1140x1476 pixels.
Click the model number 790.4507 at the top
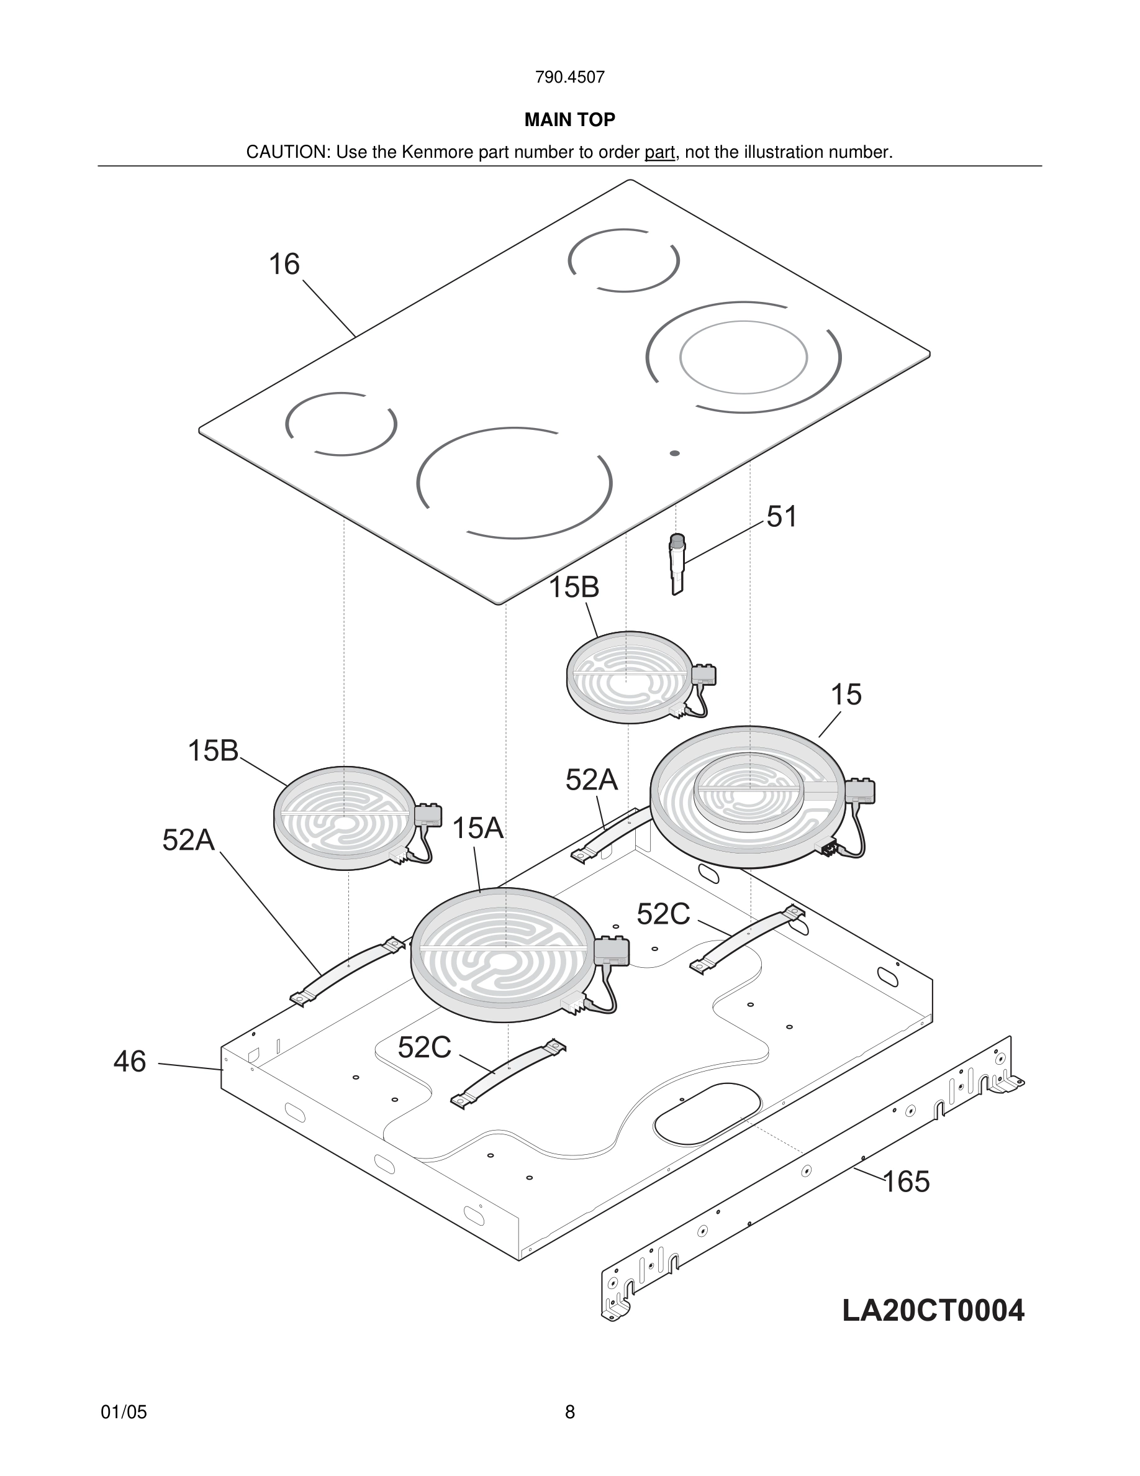[569, 78]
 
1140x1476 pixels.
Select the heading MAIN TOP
[569, 121]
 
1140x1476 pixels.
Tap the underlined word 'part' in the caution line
[659, 153]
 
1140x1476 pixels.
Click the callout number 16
[284, 264]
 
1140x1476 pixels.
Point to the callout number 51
[782, 517]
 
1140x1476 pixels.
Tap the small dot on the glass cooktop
[674, 453]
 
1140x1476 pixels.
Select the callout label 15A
[477, 829]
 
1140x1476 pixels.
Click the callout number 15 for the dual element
[846, 695]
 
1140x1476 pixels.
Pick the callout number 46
[130, 1062]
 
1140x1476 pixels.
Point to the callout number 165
[906, 1182]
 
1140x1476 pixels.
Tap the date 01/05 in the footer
[124, 1412]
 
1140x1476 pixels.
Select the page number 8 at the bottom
[569, 1412]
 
